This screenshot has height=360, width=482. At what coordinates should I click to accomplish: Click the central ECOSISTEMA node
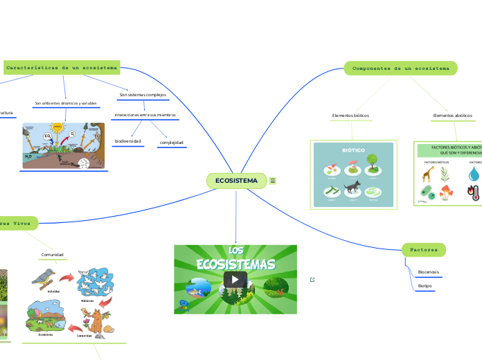tap(236, 181)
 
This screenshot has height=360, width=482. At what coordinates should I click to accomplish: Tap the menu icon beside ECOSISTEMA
tap(273, 181)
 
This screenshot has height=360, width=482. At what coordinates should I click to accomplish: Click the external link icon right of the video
tap(313, 279)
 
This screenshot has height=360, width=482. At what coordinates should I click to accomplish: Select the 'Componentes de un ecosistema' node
tap(400, 69)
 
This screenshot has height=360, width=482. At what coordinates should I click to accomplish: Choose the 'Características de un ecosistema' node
tap(62, 68)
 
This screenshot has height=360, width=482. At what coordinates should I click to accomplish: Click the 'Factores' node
tap(423, 249)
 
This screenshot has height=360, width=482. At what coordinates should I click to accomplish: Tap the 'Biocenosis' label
tap(429, 272)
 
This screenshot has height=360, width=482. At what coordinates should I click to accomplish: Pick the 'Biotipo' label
tap(425, 285)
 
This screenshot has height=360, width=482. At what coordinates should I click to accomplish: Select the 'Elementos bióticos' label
tap(351, 115)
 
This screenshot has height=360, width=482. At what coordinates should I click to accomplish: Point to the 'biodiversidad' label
tap(128, 141)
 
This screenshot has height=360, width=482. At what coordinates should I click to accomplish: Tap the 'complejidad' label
tap(171, 143)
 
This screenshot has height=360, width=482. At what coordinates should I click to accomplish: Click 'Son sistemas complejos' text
tap(143, 94)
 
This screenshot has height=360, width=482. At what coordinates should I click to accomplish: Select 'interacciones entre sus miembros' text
tap(145, 114)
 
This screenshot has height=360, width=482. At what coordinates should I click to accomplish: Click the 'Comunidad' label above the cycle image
tap(53, 255)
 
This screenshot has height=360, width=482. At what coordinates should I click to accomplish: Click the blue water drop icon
tap(474, 172)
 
